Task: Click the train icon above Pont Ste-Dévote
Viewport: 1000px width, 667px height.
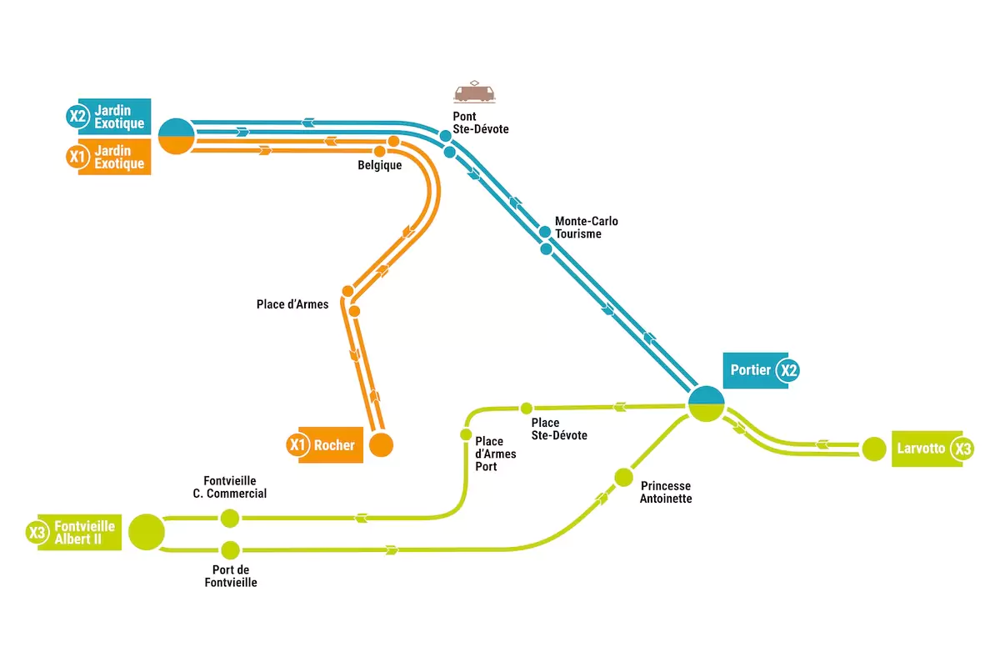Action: pos(474,92)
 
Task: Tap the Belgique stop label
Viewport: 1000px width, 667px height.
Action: pos(379,165)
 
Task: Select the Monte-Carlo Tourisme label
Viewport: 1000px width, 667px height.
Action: pos(586,228)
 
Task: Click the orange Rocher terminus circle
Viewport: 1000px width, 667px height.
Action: pos(382,444)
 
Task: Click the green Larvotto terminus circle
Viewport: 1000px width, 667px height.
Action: pos(873,449)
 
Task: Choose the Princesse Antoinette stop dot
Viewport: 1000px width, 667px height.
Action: pos(623,477)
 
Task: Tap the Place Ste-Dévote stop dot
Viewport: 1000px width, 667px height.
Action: pos(527,408)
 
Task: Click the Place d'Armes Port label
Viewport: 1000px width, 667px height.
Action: pos(495,454)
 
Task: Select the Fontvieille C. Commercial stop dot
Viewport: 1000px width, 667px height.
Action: pos(230,519)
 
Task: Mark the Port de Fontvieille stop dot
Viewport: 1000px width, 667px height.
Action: pos(230,550)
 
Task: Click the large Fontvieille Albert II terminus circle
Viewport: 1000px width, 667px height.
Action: pos(147,532)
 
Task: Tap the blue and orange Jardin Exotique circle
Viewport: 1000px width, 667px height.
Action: pos(177,136)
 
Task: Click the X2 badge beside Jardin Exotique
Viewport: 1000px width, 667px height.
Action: pos(77,116)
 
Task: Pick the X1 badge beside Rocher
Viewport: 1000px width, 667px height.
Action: pos(297,444)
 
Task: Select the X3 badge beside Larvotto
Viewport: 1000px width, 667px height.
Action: pos(962,449)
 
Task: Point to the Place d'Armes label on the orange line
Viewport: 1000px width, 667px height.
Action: pos(292,304)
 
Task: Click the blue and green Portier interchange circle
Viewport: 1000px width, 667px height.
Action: pos(707,404)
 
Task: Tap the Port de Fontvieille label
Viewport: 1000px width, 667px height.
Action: pos(231,576)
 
